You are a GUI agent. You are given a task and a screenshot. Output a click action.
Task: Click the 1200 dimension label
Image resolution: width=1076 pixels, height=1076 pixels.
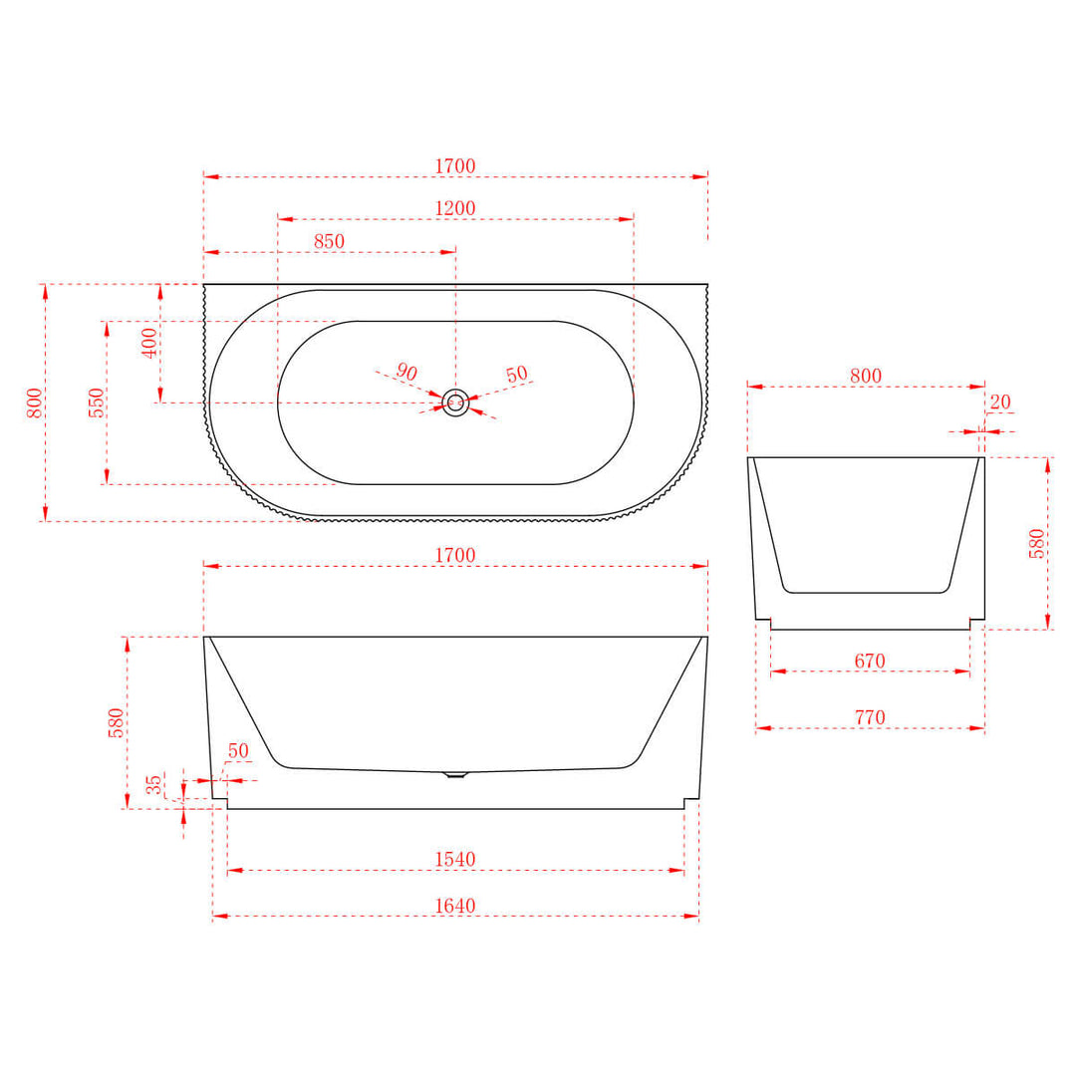tap(455, 209)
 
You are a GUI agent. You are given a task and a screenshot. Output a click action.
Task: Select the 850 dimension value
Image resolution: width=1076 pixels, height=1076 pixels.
tap(329, 242)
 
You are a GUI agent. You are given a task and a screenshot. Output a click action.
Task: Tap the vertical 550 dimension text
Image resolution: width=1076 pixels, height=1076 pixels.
tap(97, 403)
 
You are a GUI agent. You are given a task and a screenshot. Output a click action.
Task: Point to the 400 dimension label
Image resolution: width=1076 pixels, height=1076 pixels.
tap(149, 343)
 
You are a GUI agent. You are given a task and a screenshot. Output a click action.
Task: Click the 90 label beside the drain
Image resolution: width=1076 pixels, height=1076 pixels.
tap(406, 372)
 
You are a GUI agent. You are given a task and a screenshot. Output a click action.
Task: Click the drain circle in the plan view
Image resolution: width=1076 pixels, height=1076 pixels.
tap(455, 403)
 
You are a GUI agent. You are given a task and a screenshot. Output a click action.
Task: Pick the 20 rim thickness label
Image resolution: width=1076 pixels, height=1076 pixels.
tap(1000, 403)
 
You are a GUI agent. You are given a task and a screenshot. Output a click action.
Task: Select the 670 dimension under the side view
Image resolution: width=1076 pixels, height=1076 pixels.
tap(870, 662)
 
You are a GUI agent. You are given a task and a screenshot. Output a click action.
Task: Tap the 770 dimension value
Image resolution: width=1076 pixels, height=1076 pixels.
tap(870, 718)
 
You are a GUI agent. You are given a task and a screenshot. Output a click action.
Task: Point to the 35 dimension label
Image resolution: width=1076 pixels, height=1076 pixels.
tap(154, 784)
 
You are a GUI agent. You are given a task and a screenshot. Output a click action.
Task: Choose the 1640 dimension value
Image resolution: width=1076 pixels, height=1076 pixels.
tap(455, 906)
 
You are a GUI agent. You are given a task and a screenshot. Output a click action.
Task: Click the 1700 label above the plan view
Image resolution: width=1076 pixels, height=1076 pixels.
tap(455, 166)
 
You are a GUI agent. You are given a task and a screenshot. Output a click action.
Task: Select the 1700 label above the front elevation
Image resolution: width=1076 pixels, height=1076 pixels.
tap(455, 556)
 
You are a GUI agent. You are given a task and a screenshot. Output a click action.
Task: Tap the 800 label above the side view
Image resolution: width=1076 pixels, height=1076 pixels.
tap(866, 377)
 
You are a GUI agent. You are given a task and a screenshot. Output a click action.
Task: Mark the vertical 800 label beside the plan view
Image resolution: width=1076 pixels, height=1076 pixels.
tap(35, 403)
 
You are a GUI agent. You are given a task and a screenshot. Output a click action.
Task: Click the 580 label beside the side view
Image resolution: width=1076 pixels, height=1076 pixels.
tap(1037, 543)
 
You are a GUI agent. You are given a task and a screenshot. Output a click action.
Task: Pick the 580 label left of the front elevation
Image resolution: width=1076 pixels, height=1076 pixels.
tap(117, 722)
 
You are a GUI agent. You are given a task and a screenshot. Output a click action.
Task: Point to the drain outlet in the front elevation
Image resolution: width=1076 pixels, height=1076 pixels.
tap(455, 774)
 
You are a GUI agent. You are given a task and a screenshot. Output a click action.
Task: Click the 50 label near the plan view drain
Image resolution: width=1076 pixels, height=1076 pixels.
tap(516, 376)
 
